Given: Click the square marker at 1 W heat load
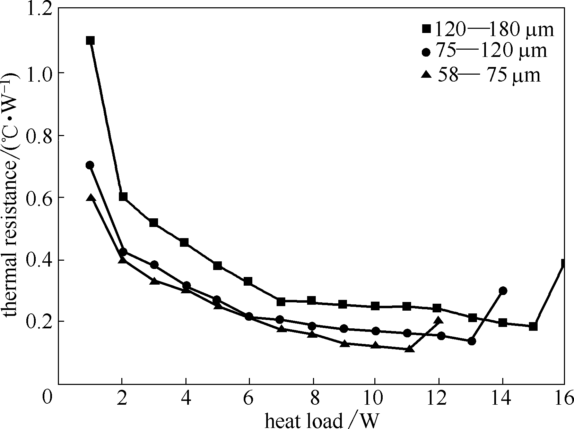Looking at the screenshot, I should [x=90, y=41].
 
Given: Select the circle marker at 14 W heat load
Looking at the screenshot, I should [x=503, y=291].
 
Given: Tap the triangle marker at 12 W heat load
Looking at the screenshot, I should [x=439, y=320].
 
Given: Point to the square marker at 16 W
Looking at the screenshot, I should [x=564, y=263].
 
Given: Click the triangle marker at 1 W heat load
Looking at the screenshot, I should [x=90, y=198].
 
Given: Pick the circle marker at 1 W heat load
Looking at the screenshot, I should [x=90, y=165].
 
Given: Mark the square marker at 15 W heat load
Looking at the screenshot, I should [x=533, y=326].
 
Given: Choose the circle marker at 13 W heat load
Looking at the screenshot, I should [x=471, y=341].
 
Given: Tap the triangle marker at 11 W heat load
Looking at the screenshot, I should [x=410, y=348].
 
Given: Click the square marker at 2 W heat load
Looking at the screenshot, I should [x=123, y=197].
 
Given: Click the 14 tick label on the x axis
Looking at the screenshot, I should [x=501, y=398].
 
